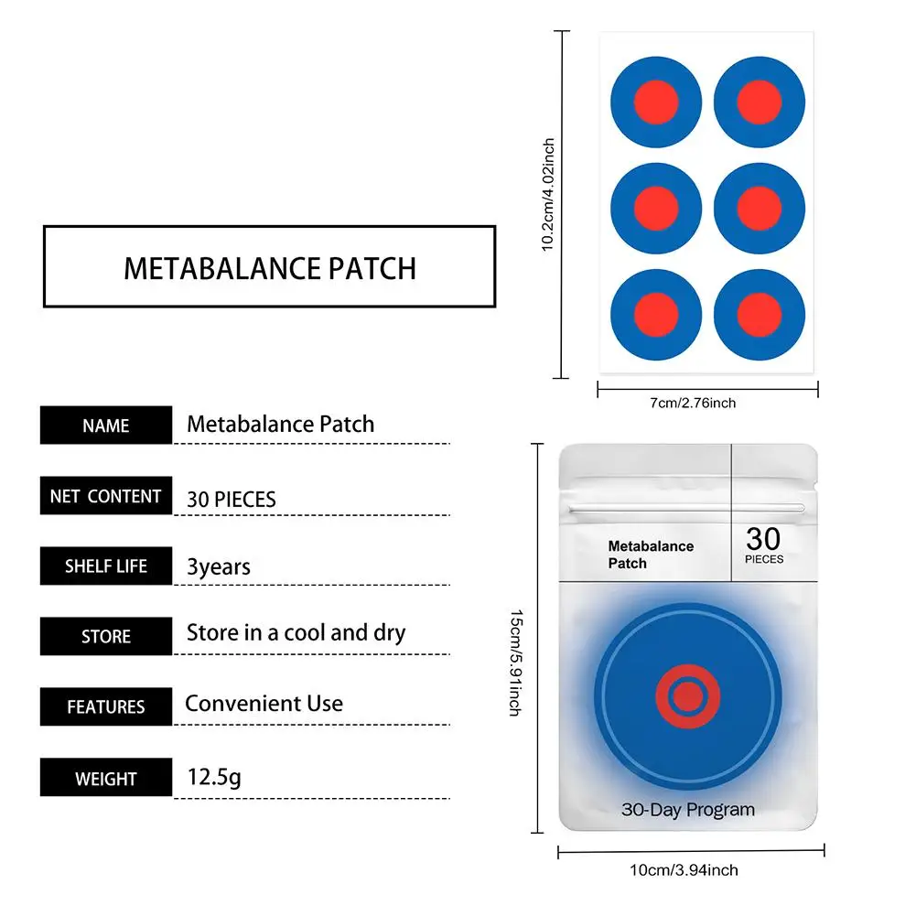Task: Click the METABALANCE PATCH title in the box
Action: [x=270, y=269]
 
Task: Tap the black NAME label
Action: [x=106, y=426]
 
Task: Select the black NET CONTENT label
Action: [x=106, y=496]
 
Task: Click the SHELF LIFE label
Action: [x=106, y=566]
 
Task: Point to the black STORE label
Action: [x=106, y=636]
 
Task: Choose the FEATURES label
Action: [x=106, y=706]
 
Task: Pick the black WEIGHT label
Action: [x=106, y=778]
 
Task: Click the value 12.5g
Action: [x=214, y=778]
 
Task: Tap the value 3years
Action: [x=219, y=566]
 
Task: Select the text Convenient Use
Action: [x=264, y=704]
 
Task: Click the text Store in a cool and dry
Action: [x=296, y=632]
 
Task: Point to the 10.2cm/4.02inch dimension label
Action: [x=548, y=195]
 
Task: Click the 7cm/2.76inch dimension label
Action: [x=693, y=403]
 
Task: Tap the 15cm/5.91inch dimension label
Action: [x=515, y=663]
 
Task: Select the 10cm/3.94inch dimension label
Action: [x=684, y=870]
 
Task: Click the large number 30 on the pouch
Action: [x=763, y=539]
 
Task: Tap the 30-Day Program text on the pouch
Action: [x=688, y=810]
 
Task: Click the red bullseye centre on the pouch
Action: [x=688, y=696]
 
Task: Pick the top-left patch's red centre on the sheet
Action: [x=656, y=102]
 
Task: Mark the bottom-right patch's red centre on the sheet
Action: [x=760, y=315]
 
